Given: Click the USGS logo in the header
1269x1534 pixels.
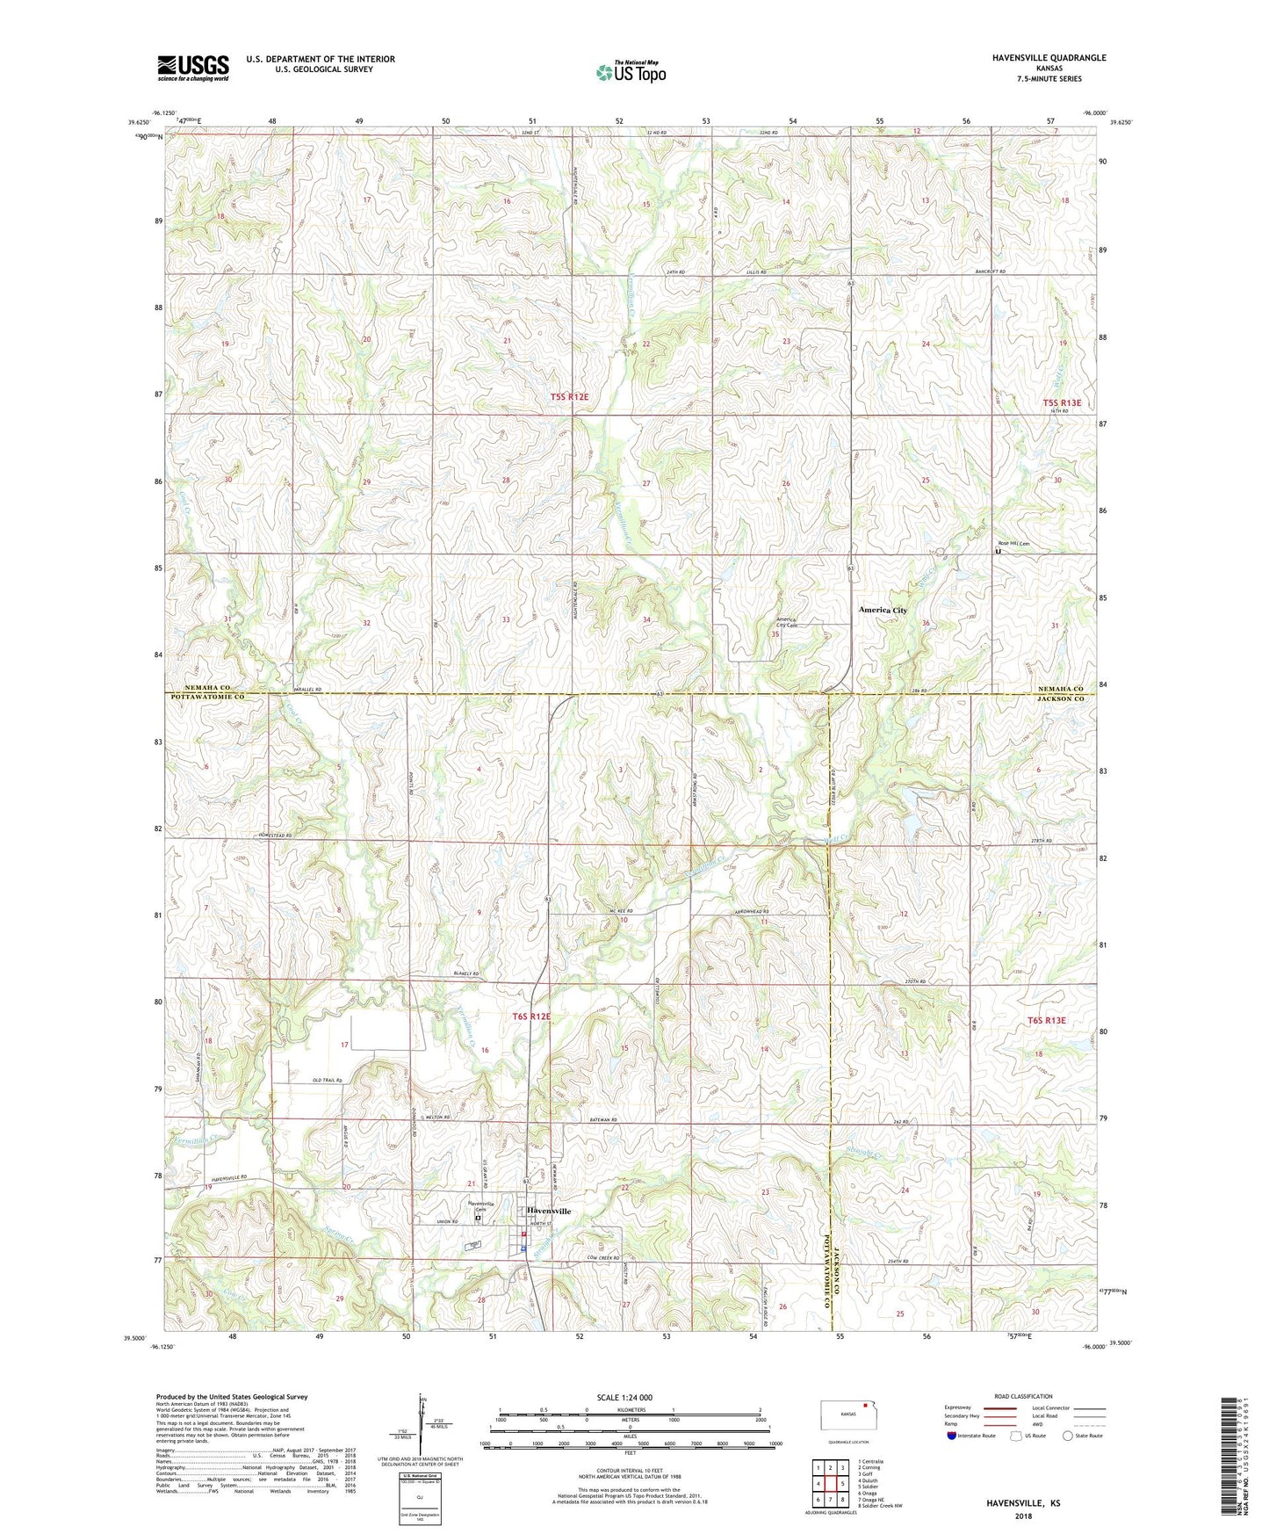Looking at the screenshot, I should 193,68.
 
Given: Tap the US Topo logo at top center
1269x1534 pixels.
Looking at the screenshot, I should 630,72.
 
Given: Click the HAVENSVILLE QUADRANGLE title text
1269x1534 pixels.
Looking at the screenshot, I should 1036,58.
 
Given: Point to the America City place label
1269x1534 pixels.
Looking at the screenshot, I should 883,610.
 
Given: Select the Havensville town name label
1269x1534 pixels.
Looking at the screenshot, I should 549,1211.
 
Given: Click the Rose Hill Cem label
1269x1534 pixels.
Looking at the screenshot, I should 1012,544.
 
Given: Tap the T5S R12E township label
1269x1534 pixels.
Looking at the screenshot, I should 569,397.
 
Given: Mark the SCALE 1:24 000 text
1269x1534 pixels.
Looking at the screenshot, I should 624,1398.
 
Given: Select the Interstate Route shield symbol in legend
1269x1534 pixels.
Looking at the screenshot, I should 952,1436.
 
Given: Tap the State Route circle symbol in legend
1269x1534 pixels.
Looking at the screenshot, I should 1068,1436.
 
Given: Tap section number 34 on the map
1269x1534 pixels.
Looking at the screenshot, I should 646,620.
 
